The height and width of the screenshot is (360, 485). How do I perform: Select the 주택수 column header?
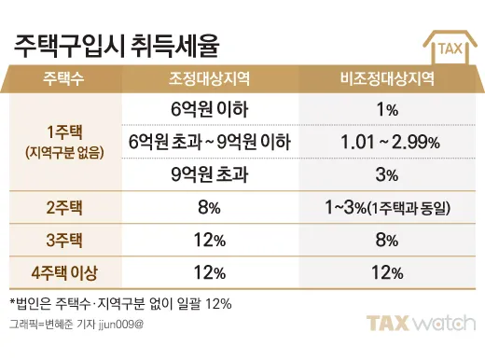click(63, 78)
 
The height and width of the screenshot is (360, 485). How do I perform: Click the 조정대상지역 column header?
click(208, 78)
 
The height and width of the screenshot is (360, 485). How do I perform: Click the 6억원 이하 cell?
click(208, 110)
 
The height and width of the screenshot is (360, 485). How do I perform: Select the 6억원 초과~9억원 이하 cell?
click(208, 142)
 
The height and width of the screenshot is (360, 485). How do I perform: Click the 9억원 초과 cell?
click(208, 173)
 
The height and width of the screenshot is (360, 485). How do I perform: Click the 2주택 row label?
click(63, 207)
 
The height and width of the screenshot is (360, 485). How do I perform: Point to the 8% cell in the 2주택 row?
click(208, 207)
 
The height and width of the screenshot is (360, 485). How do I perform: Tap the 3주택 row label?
click(63, 241)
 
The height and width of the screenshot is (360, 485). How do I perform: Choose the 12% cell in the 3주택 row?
click(208, 241)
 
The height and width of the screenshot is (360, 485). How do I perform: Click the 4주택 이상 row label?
click(63, 273)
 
